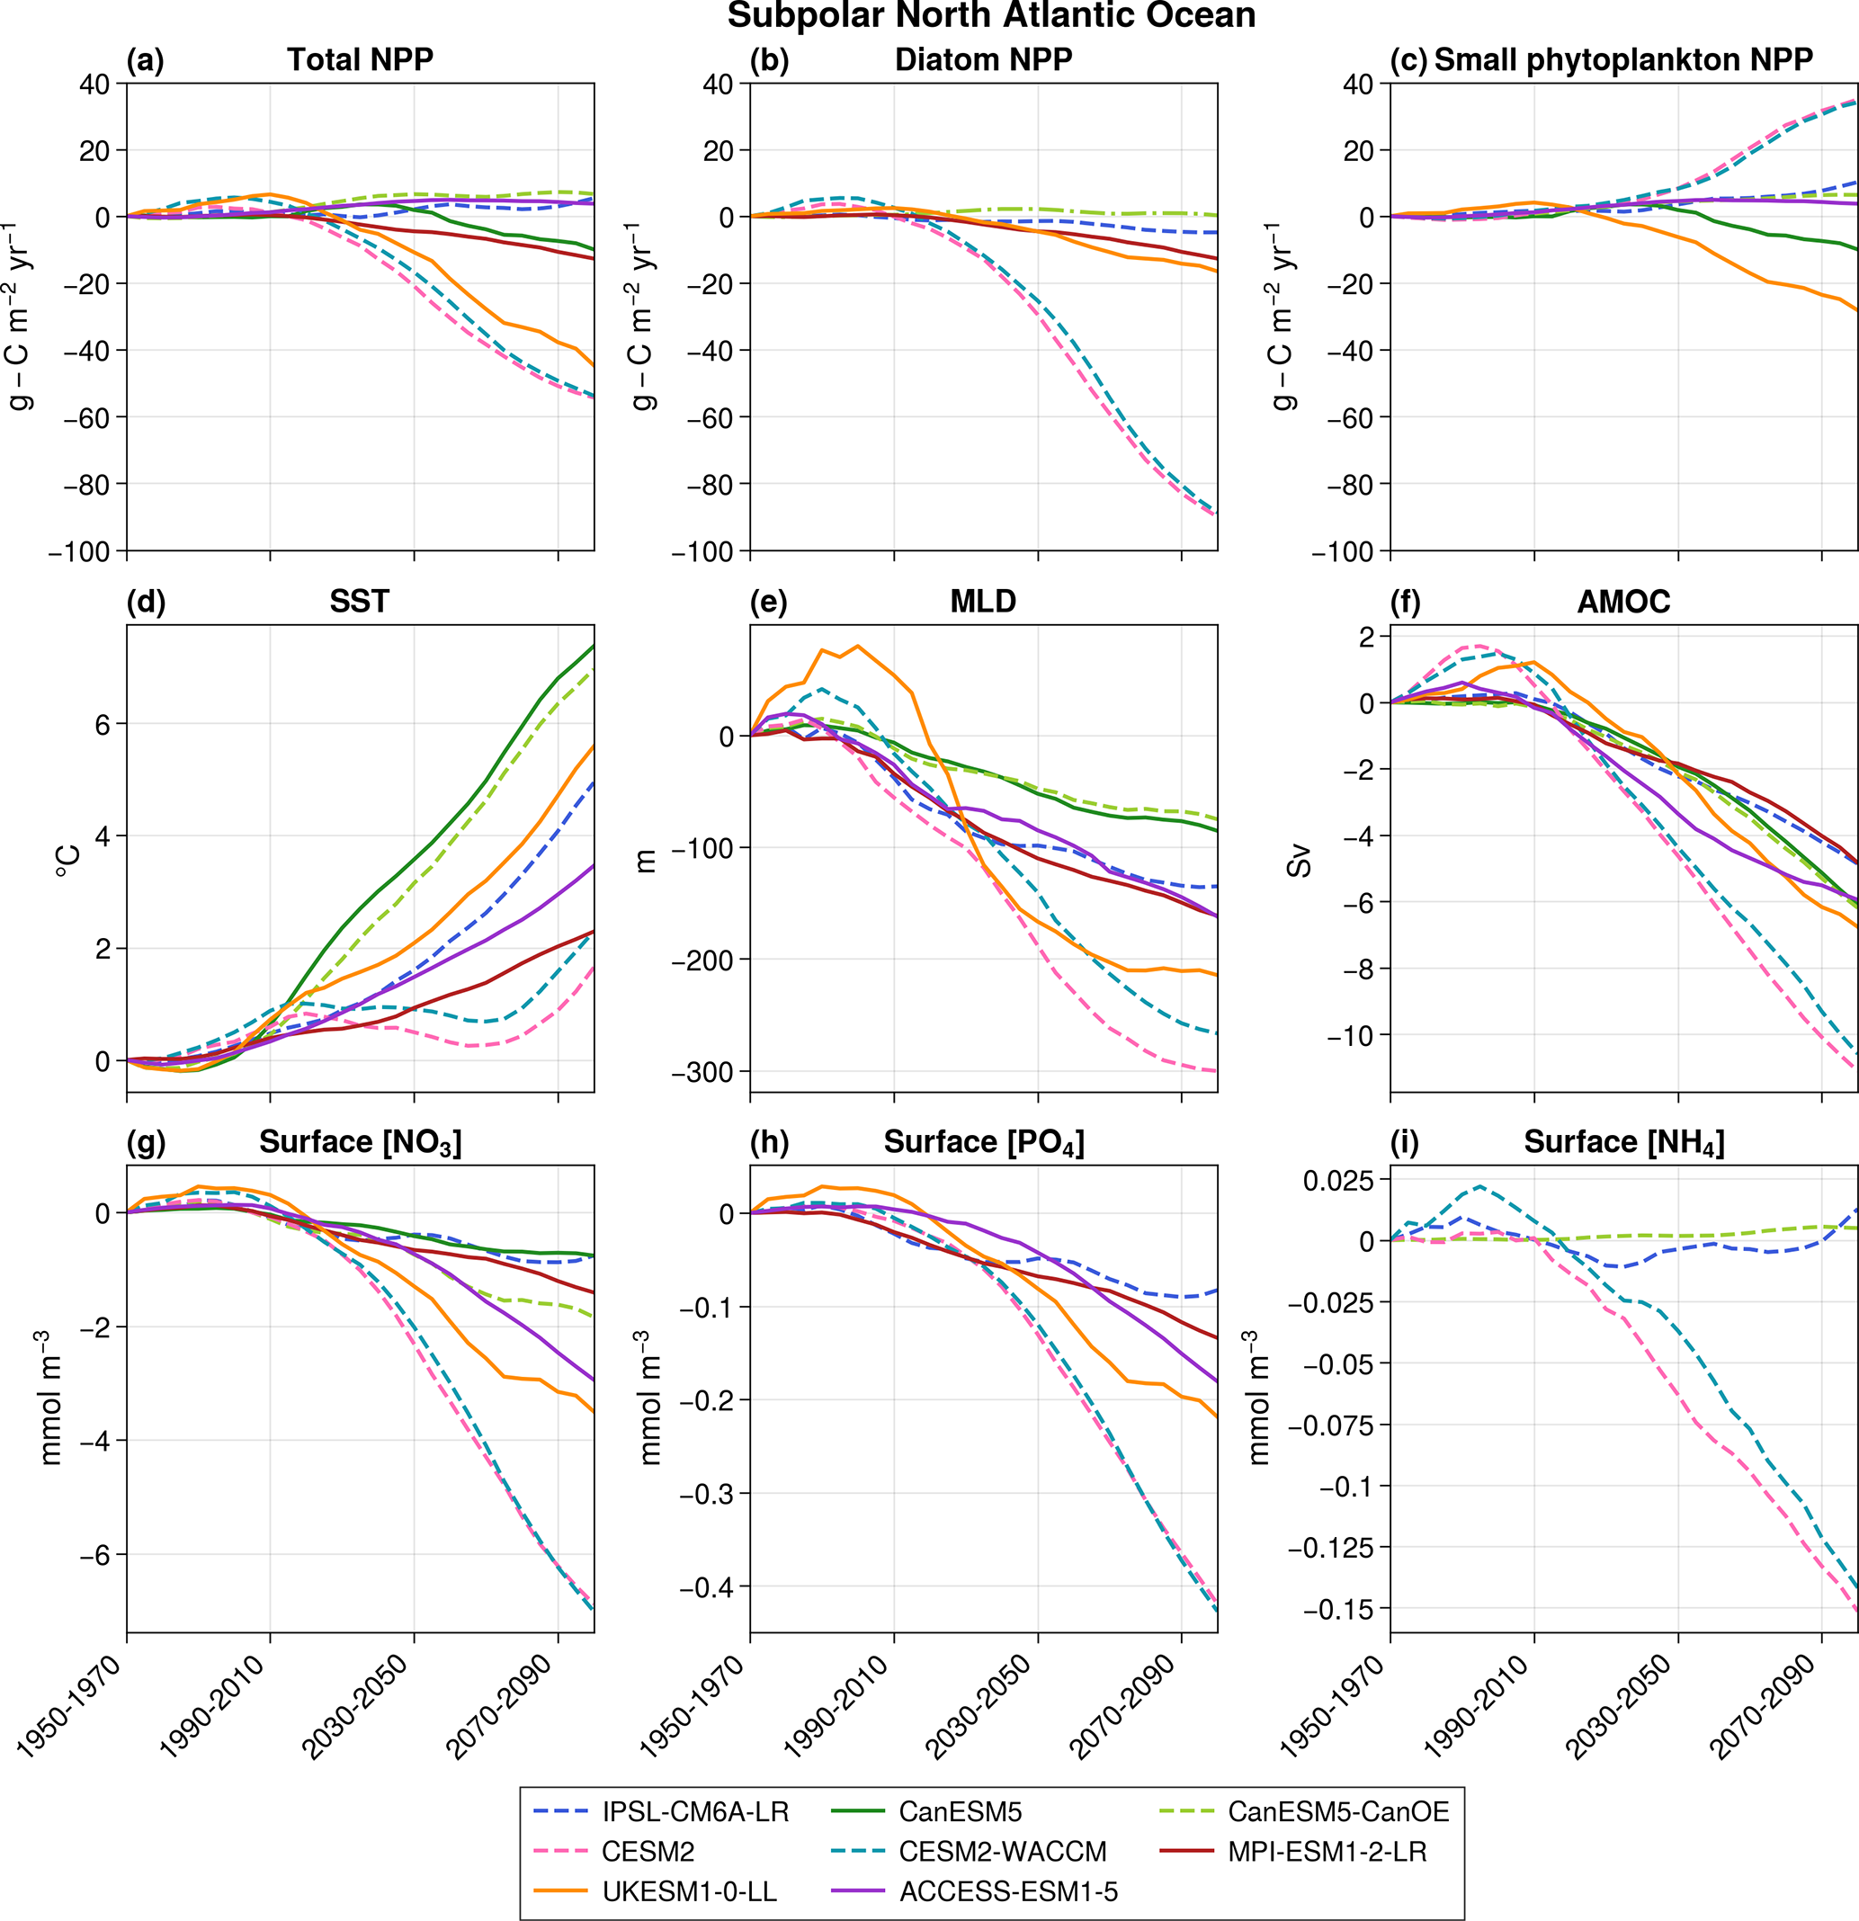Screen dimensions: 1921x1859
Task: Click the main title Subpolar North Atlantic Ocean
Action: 991,17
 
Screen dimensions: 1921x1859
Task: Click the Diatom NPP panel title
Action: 983,59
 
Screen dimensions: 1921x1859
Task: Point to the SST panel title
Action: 359,601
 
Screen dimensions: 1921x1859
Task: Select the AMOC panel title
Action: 1622,601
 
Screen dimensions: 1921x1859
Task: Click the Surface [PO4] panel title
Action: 983,1142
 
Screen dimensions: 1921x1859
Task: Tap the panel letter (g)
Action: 146,1142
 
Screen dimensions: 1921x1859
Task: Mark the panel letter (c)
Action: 1408,59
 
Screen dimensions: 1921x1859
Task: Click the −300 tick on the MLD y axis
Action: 702,1072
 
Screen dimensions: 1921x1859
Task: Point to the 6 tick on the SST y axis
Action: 103,724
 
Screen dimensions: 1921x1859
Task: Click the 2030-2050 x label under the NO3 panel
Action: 354,1707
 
